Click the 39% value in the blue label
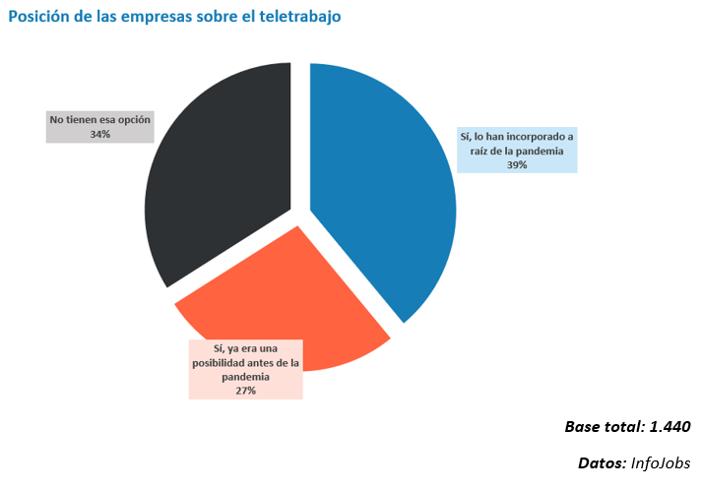point(517,165)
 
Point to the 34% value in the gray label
point(99,134)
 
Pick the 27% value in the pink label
point(245,391)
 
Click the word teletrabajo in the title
point(294,17)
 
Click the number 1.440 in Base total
point(670,427)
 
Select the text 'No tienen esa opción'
point(99,119)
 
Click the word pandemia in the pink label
point(245,376)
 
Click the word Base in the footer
point(583,427)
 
